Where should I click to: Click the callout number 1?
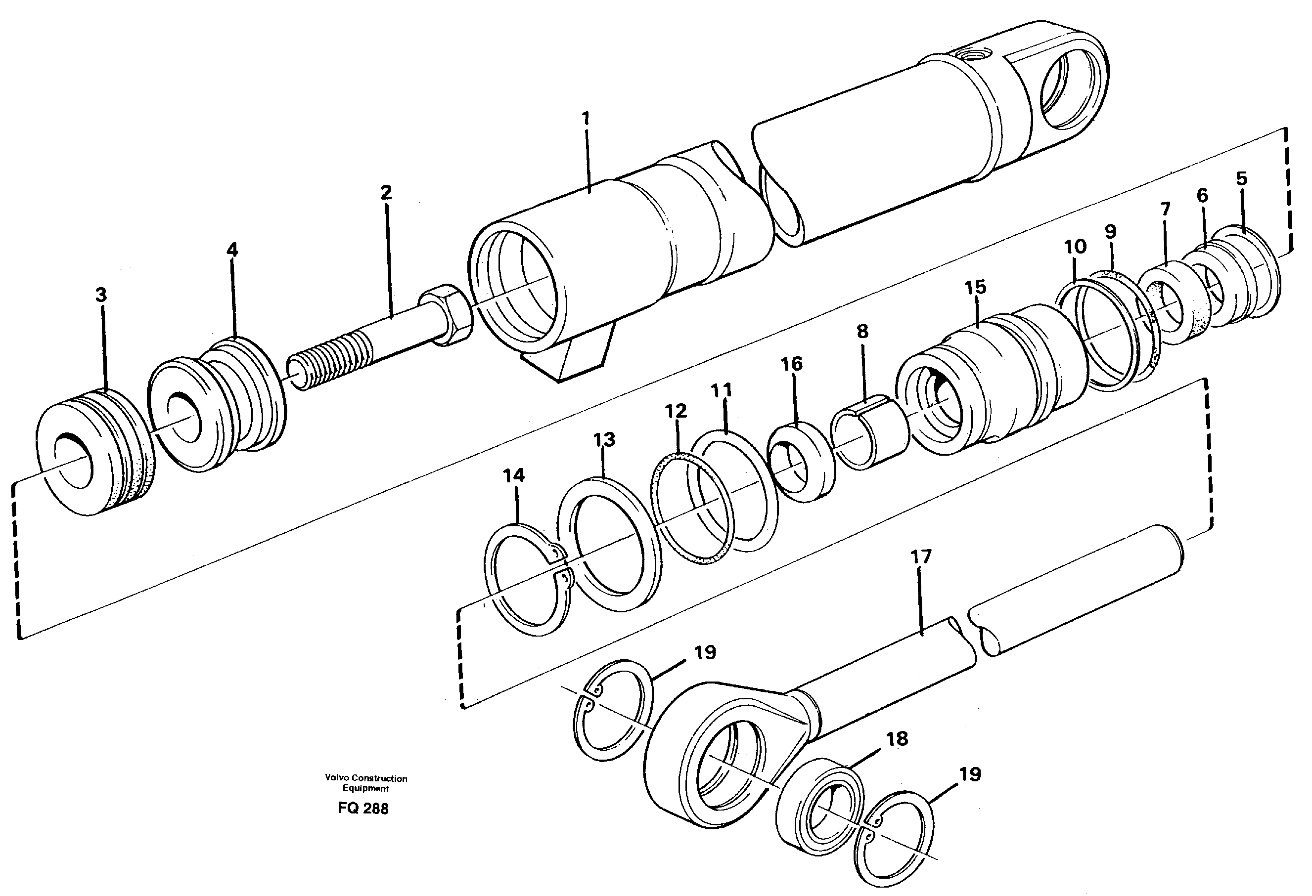(x=586, y=118)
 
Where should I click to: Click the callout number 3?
(x=100, y=295)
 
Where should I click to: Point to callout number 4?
(x=232, y=250)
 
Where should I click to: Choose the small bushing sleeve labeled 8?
(x=869, y=431)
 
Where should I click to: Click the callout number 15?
(x=975, y=287)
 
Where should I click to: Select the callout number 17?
(x=921, y=557)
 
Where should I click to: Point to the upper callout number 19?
(x=705, y=652)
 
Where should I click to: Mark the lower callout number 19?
(x=969, y=774)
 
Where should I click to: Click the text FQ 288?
(x=363, y=809)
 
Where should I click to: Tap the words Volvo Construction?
(x=366, y=778)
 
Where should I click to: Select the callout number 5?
(x=1241, y=178)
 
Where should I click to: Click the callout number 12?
(x=675, y=410)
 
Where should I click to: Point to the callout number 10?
(x=1075, y=247)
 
